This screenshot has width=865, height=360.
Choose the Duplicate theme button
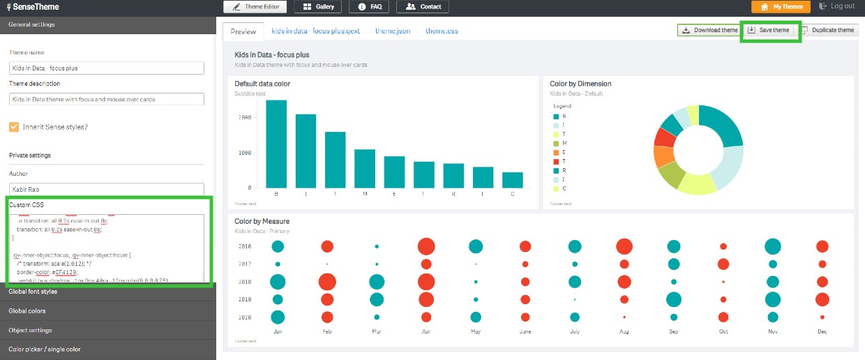[828, 31]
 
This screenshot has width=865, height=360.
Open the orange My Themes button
[781, 7]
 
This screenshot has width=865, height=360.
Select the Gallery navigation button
[319, 7]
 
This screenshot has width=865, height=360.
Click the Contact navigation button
[423, 7]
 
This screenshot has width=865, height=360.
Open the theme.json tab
[393, 31]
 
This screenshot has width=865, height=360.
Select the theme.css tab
[442, 31]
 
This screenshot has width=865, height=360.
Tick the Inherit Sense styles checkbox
[14, 127]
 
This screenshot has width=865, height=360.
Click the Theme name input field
[106, 68]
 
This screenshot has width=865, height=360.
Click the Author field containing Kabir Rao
[106, 189]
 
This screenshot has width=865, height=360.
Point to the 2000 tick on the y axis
[243, 118]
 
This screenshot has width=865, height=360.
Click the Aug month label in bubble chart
[624, 332]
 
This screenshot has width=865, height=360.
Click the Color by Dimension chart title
[580, 84]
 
